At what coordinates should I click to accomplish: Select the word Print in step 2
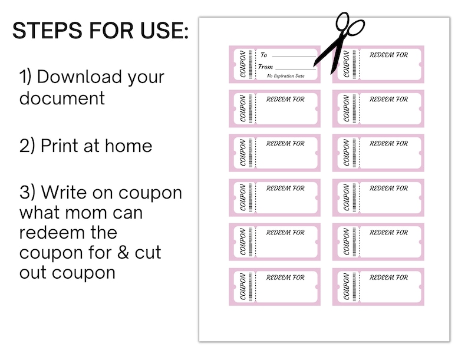(60, 146)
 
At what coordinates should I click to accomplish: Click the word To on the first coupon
(263, 55)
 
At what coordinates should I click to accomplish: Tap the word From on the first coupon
(266, 67)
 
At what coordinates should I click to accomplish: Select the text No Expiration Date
(286, 76)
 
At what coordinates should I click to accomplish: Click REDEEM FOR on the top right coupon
(388, 55)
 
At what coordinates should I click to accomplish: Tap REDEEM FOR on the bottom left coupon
(285, 278)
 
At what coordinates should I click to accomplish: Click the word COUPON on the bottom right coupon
(346, 287)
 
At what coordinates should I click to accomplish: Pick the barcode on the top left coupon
(251, 64)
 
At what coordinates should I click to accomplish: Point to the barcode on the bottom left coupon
(251, 287)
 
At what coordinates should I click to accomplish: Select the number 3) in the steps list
(28, 193)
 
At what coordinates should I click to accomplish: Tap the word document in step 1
(62, 98)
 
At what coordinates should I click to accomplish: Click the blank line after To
(295, 57)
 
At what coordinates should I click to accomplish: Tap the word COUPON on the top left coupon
(242, 64)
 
